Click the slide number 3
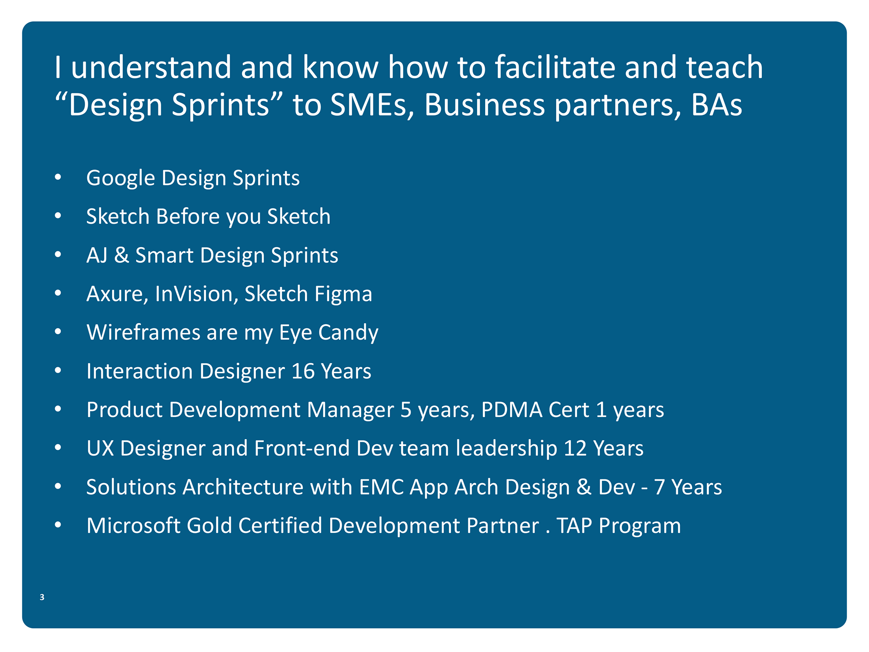pos(42,597)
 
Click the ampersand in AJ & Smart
pos(122,255)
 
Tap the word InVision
pos(197,294)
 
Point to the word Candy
pos(348,333)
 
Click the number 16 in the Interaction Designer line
pos(303,371)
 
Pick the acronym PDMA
pos(512,410)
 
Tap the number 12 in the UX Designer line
pos(575,448)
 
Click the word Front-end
pos(302,448)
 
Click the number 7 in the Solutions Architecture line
pos(659,487)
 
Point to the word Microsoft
pos(134,526)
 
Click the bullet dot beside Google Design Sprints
pos(57,177)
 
